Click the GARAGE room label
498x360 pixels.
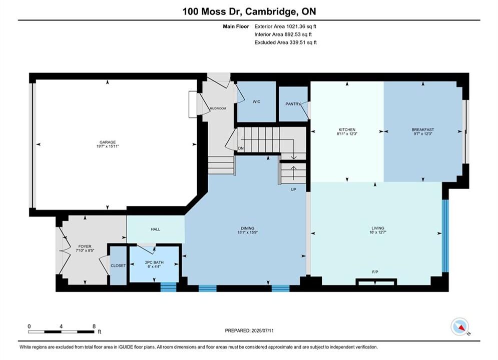pos(107,142)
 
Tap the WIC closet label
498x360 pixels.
pos(256,101)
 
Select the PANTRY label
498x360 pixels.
pos(293,103)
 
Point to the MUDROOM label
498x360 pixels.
pos(218,108)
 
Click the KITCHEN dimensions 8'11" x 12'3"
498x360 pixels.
pos(347,134)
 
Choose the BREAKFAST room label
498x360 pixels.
pos(423,129)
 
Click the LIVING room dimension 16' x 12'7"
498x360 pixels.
pos(377,232)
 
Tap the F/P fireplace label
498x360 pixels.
pos(375,272)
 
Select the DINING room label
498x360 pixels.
pos(247,228)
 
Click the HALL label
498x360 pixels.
pos(155,229)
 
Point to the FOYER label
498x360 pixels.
pos(85,246)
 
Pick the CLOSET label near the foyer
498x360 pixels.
pos(118,265)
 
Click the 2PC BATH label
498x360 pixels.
pos(154,262)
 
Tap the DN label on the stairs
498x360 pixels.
pos(241,148)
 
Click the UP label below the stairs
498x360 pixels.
pos(293,189)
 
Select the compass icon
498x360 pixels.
pos(459,326)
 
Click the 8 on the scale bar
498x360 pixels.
pos(94,326)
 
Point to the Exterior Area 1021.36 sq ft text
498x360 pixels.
pos(285,26)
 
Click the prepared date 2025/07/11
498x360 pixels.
pos(262,330)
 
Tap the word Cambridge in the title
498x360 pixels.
pos(270,11)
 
